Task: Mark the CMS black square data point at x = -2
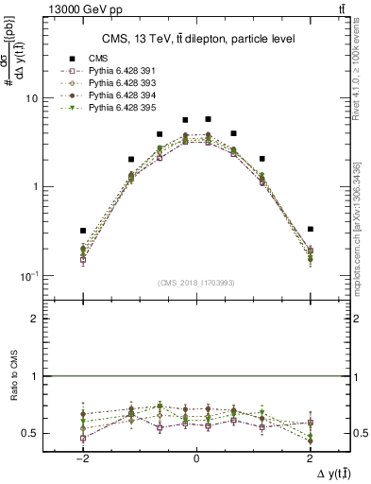pos(83,231)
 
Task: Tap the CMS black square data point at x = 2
pos(311,229)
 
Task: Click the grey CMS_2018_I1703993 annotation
pos(196,283)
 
